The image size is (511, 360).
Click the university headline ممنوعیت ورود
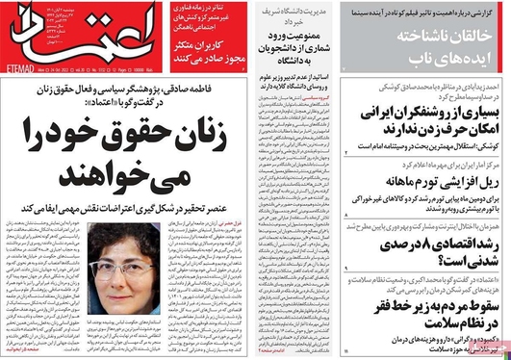(x=299, y=37)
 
